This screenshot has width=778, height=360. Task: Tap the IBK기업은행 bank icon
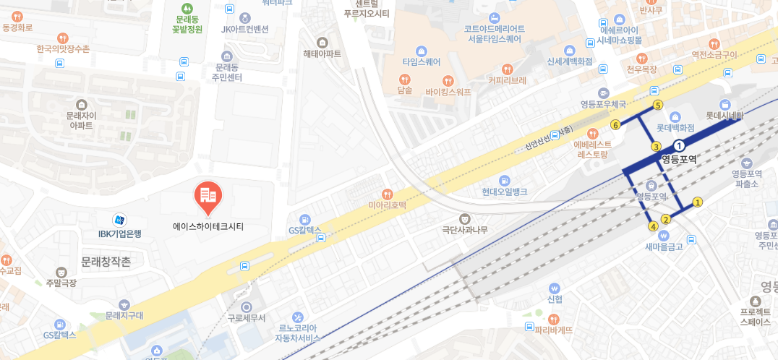[119, 219]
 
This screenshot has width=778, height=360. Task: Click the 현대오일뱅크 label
[504, 192]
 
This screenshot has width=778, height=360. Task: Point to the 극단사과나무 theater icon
[465, 218]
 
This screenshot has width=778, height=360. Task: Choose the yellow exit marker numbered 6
[615, 125]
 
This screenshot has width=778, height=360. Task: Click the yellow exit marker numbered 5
[657, 105]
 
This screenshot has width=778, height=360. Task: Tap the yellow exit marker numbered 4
[653, 226]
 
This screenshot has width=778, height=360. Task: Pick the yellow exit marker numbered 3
[657, 147]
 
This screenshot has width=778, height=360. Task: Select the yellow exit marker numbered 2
[666, 219]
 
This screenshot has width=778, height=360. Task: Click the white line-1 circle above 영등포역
[679, 146]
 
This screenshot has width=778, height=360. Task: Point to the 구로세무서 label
[247, 318]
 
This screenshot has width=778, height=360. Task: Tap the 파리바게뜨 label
[553, 330]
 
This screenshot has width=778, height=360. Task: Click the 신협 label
[555, 299]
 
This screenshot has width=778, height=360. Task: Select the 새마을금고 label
[664, 247]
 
